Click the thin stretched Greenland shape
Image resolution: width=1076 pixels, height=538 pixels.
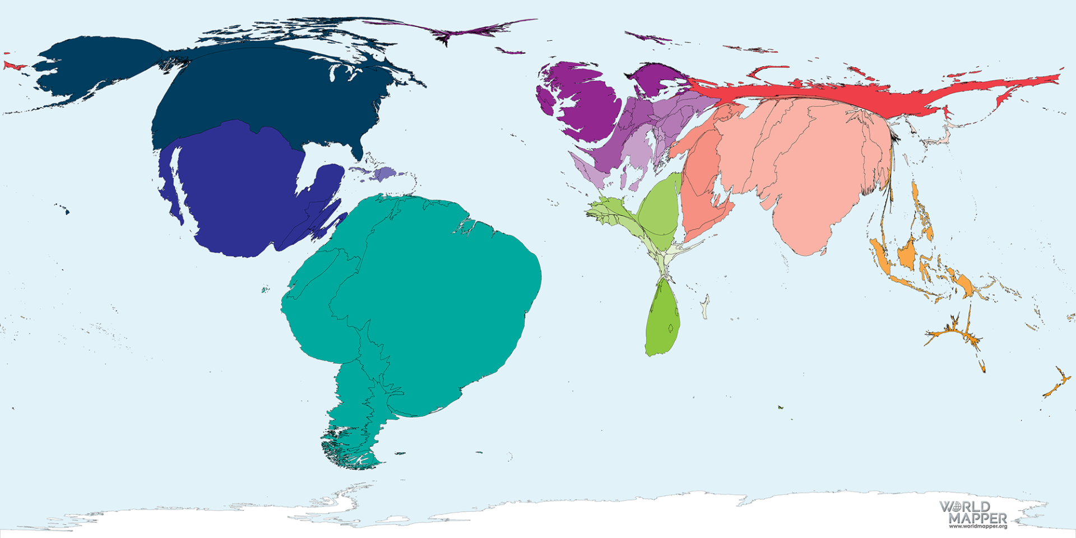448,34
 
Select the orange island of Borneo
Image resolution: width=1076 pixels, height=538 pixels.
905,255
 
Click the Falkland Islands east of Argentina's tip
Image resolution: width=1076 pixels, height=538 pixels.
400,453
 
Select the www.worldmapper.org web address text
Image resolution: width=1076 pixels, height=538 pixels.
978,526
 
